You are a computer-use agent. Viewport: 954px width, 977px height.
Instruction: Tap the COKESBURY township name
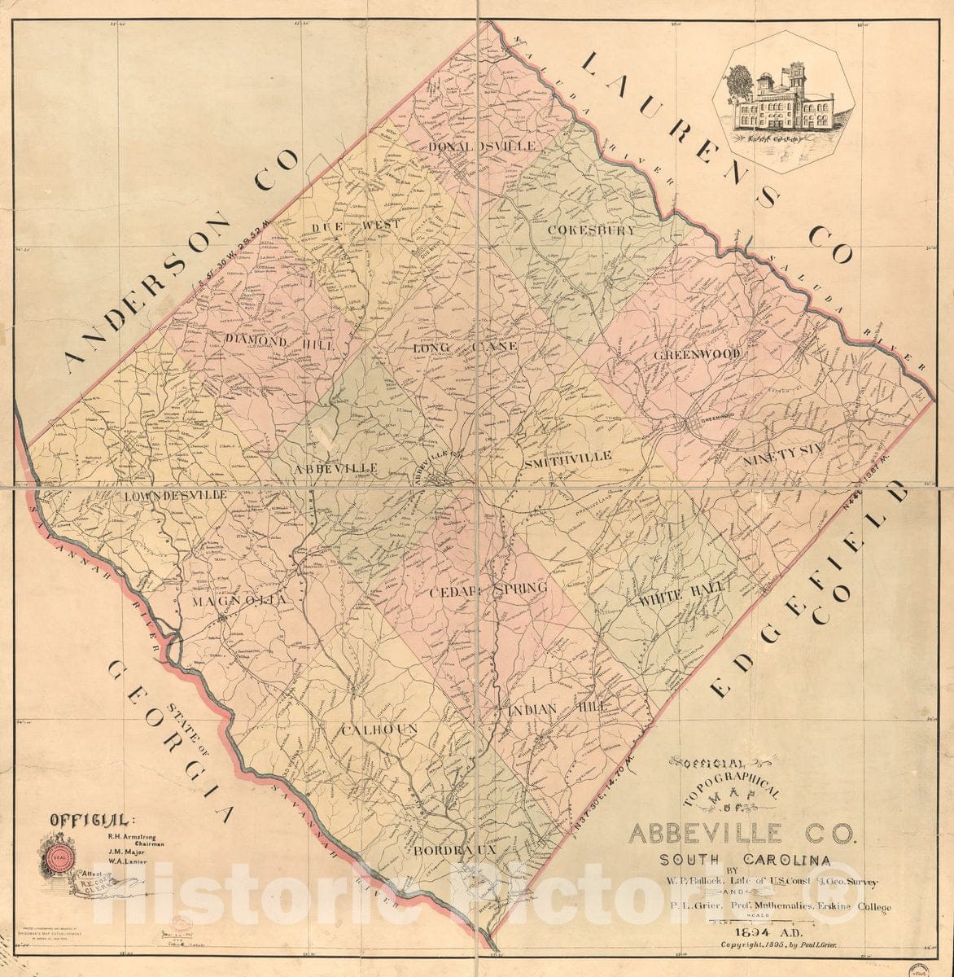[590, 230]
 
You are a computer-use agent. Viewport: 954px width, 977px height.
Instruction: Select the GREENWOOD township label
[697, 354]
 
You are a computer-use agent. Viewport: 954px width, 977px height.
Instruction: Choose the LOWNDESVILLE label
[176, 495]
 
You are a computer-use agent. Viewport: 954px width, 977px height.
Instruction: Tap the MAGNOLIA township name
[239, 601]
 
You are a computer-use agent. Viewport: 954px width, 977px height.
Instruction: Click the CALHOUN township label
[379, 728]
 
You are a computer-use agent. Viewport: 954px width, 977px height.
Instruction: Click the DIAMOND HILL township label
[279, 343]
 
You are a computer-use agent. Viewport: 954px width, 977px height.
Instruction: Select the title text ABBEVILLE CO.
[741, 834]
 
